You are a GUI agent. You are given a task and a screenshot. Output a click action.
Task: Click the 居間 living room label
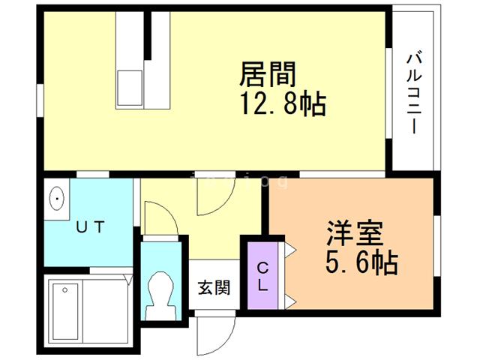point(268,75)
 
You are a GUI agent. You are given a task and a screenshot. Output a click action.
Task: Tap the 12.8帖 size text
point(283,104)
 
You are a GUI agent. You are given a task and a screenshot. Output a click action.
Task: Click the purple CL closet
point(262,275)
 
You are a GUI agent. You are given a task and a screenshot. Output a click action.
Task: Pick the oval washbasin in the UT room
point(58,199)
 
